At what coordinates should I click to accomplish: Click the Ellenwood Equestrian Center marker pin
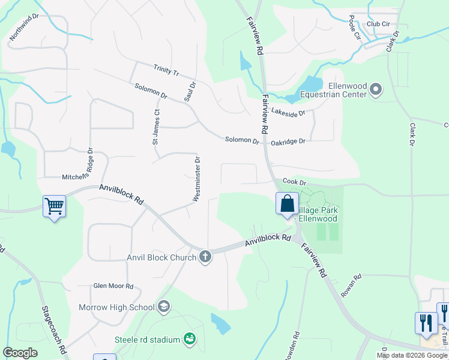click(376, 89)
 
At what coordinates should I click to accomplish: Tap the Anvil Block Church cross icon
click(205, 257)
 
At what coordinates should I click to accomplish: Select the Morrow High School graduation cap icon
click(163, 308)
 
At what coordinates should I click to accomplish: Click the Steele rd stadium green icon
click(189, 340)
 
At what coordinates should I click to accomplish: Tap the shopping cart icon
click(54, 206)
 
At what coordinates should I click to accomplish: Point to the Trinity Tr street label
click(166, 70)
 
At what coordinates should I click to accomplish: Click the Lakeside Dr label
click(288, 112)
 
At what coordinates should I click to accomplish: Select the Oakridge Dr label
click(288, 142)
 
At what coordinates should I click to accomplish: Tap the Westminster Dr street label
click(196, 179)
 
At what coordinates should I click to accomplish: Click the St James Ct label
click(155, 127)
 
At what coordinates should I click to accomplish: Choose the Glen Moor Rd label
click(113, 287)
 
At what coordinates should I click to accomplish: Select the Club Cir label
click(378, 24)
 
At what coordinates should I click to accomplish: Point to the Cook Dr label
click(295, 182)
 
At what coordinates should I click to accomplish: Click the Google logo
click(20, 353)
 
